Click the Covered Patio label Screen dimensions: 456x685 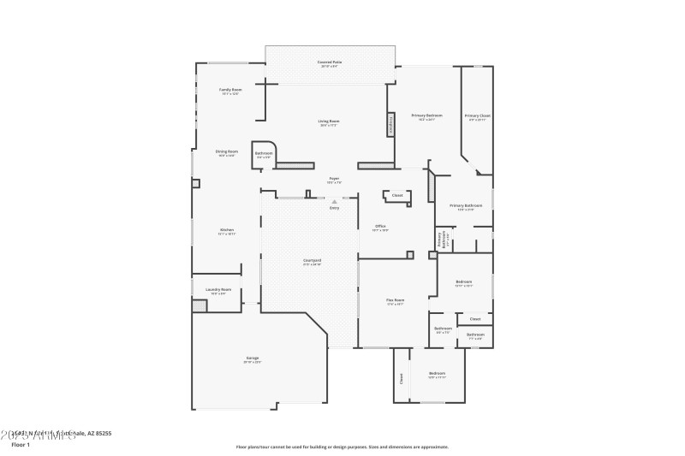331,62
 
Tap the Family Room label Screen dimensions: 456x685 230,90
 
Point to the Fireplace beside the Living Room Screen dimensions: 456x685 390,124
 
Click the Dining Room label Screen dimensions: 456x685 227,151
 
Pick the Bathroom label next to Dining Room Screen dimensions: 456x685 264,154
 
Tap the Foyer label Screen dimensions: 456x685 334,179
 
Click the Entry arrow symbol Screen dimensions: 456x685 334,202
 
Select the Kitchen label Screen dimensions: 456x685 227,230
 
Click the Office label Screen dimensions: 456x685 381,227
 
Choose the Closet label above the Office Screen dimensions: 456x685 397,196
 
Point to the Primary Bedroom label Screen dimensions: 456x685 426,115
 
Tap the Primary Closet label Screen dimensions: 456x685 477,115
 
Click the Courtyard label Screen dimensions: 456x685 312,261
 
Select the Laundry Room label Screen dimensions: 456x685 221,290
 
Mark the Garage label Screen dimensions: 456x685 253,358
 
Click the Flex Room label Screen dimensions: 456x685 395,300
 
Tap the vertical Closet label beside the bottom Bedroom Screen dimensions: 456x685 400,376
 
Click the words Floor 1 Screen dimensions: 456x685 21,445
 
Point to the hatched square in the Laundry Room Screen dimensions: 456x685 200,305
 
